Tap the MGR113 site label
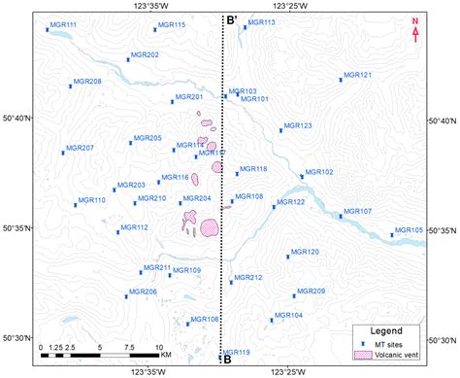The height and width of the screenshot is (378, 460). point(262,22)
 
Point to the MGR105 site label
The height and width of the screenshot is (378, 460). point(411,230)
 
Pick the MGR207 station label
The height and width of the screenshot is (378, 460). point(80,148)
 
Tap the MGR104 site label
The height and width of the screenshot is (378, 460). point(289,315)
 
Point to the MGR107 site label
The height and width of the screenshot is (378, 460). point(358,211)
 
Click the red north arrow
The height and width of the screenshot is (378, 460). point(415,30)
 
